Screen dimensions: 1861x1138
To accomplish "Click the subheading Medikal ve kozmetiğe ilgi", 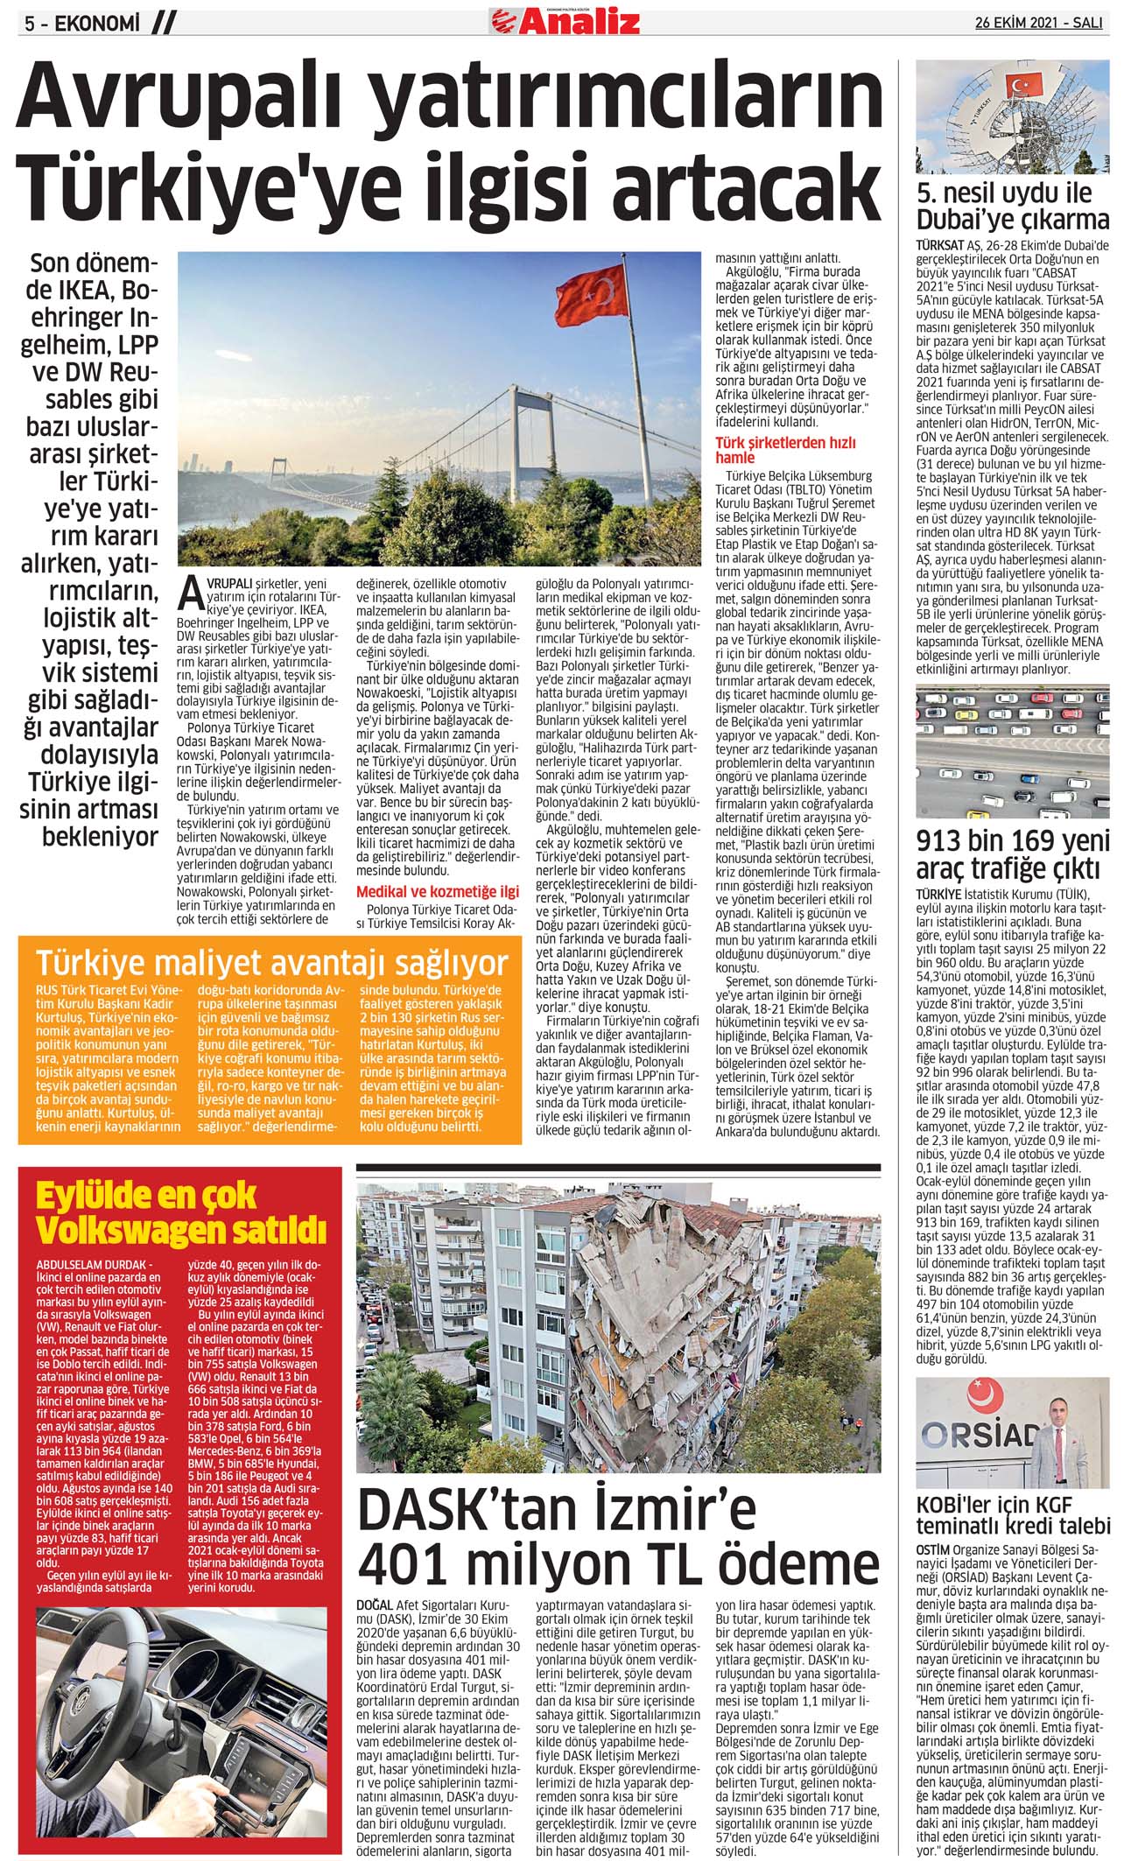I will pos(437,892).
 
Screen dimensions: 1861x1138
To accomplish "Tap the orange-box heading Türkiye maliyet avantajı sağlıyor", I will pos(272,964).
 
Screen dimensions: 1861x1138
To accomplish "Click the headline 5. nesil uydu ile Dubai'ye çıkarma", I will pos(1012,206).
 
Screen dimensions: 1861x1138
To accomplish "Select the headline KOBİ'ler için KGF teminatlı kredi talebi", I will pos(1012,1537).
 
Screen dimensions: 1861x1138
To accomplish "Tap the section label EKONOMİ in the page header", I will pos(97,25).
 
